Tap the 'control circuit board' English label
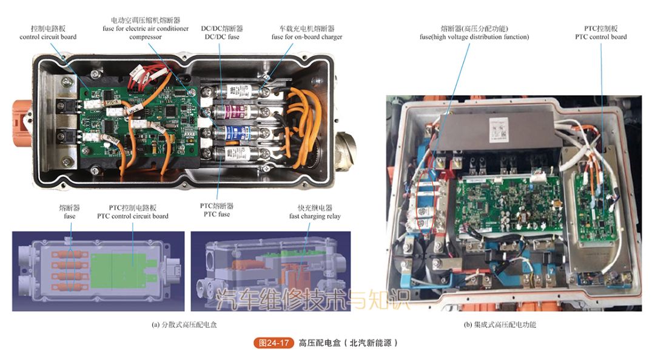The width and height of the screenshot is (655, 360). pos(48,37)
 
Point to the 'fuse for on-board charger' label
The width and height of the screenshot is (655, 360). pos(306,37)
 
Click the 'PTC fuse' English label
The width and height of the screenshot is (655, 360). pos(217,214)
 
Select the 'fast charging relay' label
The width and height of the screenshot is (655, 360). pos(315,216)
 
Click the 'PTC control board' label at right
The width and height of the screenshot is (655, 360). pos(600,37)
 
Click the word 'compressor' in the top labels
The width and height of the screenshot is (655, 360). pos(145,37)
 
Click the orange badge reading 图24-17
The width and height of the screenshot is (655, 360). pos(274,343)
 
